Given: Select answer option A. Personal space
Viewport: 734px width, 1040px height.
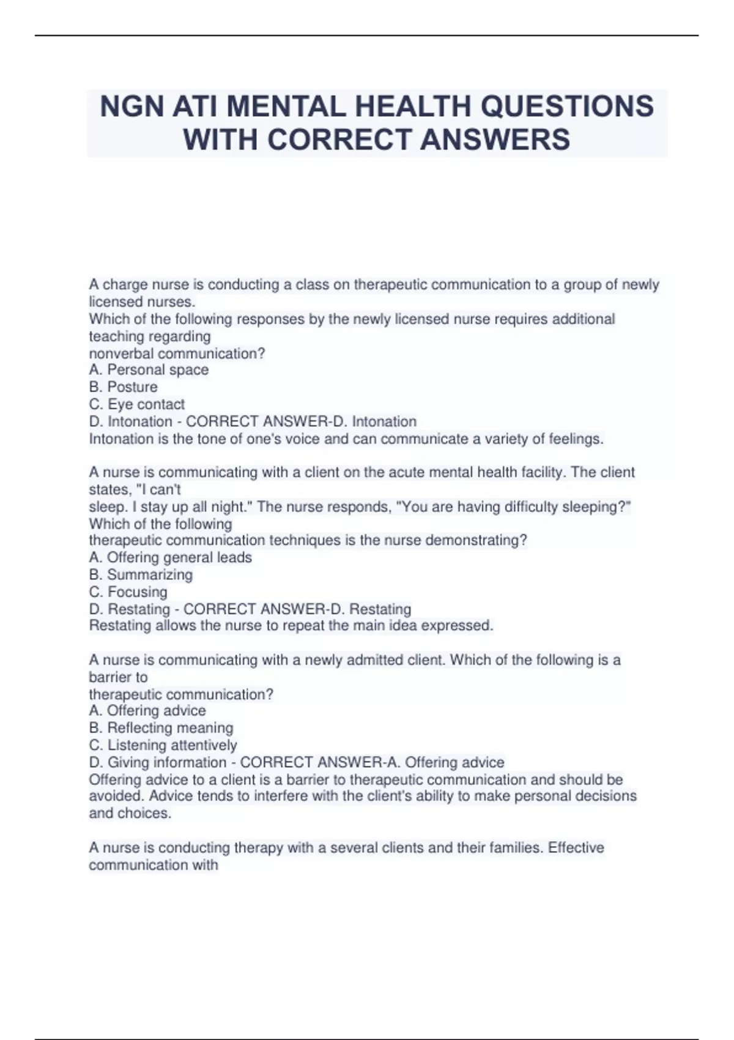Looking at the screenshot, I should point(149,370).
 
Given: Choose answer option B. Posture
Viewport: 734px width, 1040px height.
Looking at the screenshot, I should point(123,387).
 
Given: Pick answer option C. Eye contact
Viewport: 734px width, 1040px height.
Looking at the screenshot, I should point(136,404).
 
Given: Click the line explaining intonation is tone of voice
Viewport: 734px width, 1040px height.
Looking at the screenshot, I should point(346,439).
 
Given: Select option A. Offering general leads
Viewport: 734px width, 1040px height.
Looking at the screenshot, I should point(170,557).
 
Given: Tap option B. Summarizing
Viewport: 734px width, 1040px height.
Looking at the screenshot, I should point(141,574).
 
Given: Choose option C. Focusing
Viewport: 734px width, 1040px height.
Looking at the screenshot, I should point(128,592).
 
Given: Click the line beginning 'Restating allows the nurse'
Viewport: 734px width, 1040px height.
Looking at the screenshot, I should point(291,625).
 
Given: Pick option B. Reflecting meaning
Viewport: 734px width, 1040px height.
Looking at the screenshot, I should point(161,727).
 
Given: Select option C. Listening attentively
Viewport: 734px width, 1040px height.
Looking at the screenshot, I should point(163,745).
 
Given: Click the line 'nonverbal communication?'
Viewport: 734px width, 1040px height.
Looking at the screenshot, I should point(177,353).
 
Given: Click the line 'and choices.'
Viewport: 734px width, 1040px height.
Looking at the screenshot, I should point(130,813).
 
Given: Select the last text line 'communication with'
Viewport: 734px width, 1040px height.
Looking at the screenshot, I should point(153,864).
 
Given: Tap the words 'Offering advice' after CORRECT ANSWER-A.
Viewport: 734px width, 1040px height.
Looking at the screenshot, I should point(454,762).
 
